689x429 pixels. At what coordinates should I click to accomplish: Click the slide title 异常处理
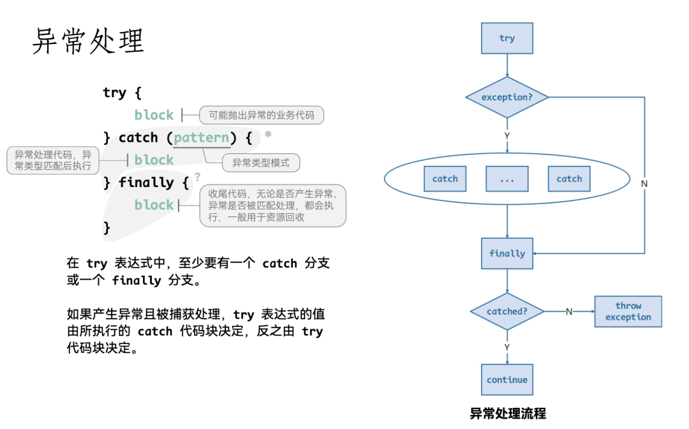point(88,41)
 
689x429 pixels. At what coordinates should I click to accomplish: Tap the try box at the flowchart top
point(507,38)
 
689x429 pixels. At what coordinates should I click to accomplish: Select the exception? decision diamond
point(507,98)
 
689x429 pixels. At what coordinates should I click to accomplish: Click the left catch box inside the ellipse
point(445,179)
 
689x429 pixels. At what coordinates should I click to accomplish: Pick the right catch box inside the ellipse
point(569,179)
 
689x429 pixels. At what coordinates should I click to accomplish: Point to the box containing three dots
point(507,179)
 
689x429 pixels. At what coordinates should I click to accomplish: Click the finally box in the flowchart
point(507,253)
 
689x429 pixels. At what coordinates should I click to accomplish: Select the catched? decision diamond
point(507,312)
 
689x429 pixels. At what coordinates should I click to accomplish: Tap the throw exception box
point(628,312)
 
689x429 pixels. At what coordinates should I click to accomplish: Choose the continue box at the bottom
point(507,380)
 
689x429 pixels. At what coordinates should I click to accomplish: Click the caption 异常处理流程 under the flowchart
point(508,414)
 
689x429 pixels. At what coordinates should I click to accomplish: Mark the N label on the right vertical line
point(644,183)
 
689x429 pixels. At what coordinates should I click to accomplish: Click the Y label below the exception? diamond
point(507,135)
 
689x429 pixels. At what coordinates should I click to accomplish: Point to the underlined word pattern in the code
point(202,138)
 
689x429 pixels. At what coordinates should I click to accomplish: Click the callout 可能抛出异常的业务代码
point(262,116)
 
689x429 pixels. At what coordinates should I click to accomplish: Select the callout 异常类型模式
point(261,163)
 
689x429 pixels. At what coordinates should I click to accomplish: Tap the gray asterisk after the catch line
point(268,135)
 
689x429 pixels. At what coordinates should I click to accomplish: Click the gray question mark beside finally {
point(198,176)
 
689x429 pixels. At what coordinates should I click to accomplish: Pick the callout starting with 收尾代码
point(273,206)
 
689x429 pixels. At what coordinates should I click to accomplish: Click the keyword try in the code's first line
point(114,93)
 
